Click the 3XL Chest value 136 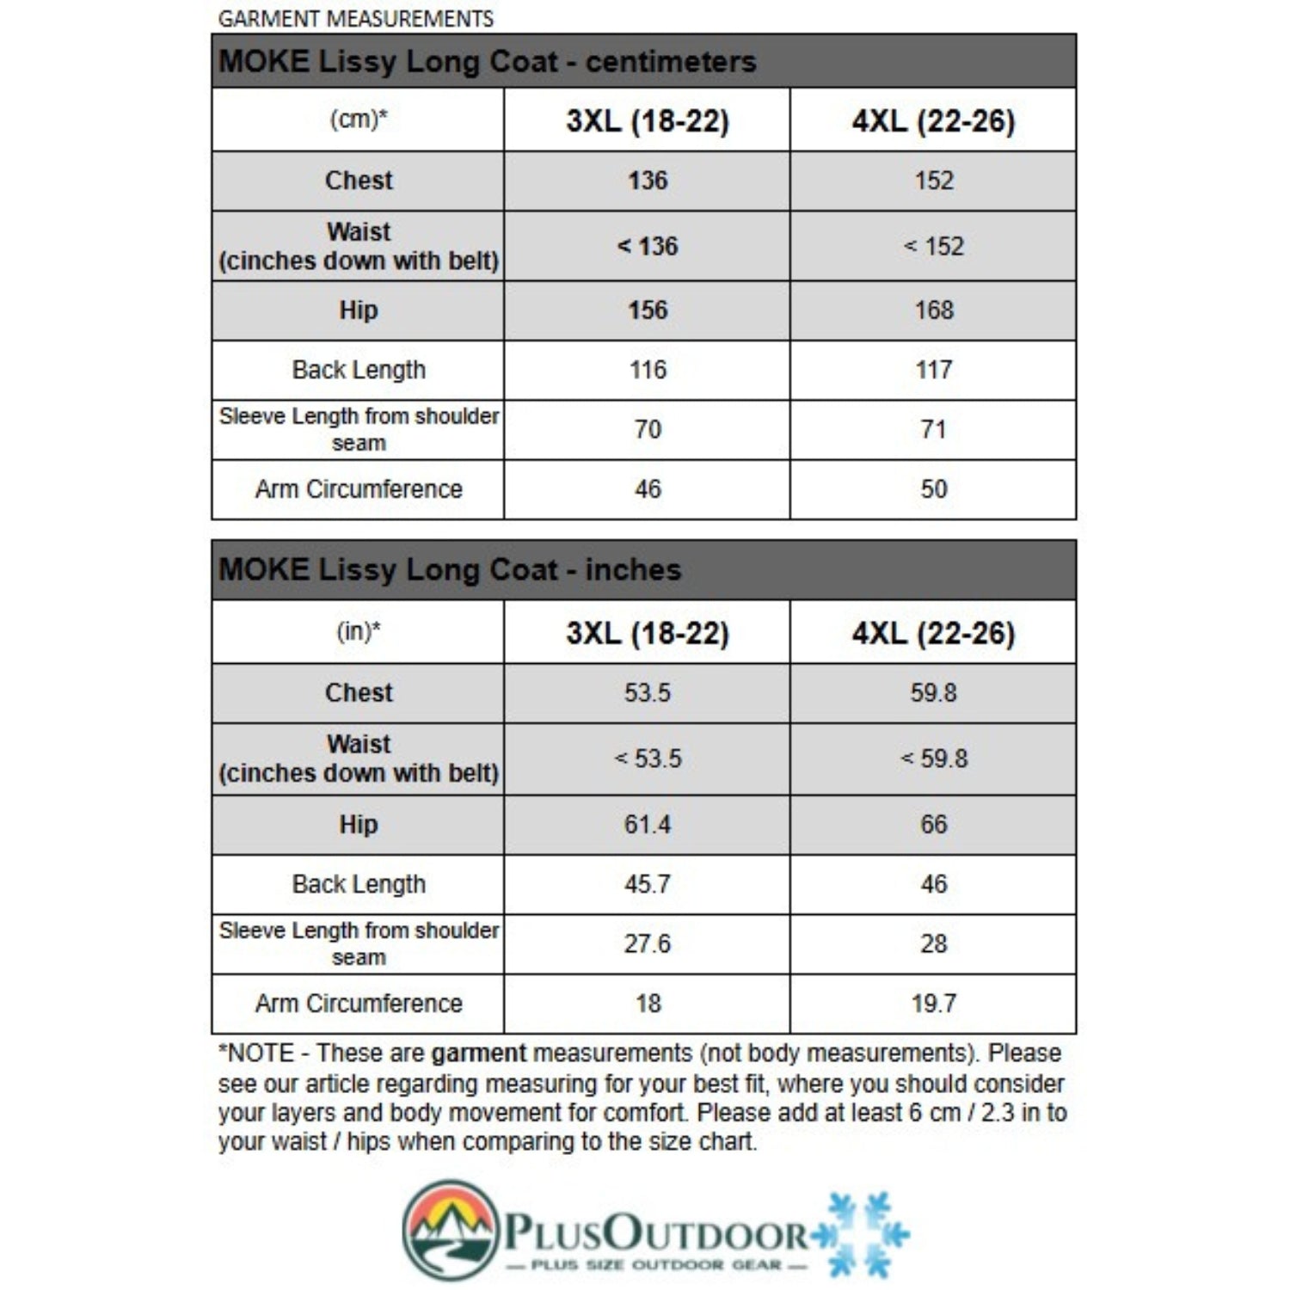[648, 181]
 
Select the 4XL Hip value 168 [934, 310]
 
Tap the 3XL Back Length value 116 [648, 370]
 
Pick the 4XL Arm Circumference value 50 [934, 489]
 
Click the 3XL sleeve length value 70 [648, 429]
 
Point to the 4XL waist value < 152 [934, 247]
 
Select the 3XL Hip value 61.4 [648, 825]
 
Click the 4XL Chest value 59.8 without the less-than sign [934, 693]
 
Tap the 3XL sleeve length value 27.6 [648, 943]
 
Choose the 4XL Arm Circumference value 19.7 [934, 1004]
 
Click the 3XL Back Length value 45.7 [648, 884]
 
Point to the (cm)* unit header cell [359, 120]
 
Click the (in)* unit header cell [359, 632]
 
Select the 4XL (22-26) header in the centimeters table [934, 121]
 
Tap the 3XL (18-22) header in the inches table [648, 634]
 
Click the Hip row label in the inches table [359, 825]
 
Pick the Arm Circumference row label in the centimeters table [359, 489]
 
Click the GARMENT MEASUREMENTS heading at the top [356, 19]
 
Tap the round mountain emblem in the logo [451, 1229]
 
